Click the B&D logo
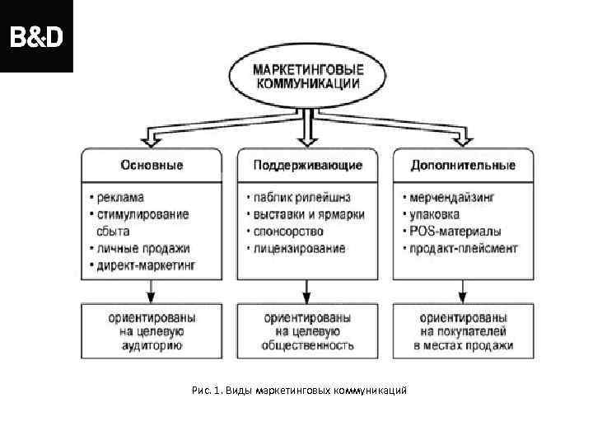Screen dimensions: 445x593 click(35, 36)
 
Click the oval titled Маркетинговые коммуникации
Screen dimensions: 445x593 click(306, 77)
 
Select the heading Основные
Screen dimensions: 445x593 click(152, 165)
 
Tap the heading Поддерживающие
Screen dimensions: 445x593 click(307, 165)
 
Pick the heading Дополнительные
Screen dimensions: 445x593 click(463, 165)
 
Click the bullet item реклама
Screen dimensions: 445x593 click(119, 198)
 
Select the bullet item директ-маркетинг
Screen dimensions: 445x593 click(148, 265)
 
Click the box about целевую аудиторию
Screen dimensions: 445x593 click(152, 331)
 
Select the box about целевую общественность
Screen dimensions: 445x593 click(307, 331)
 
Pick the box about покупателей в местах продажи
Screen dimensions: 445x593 click(463, 331)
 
